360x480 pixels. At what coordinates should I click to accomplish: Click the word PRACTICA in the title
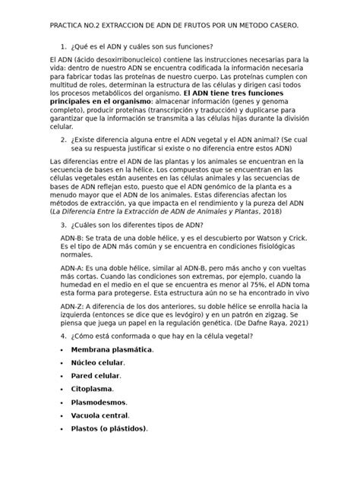coord(68,26)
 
